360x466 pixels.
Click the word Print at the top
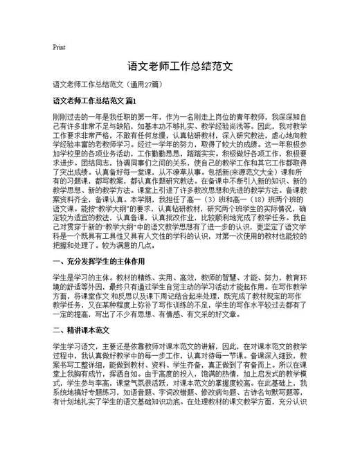[59, 47]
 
